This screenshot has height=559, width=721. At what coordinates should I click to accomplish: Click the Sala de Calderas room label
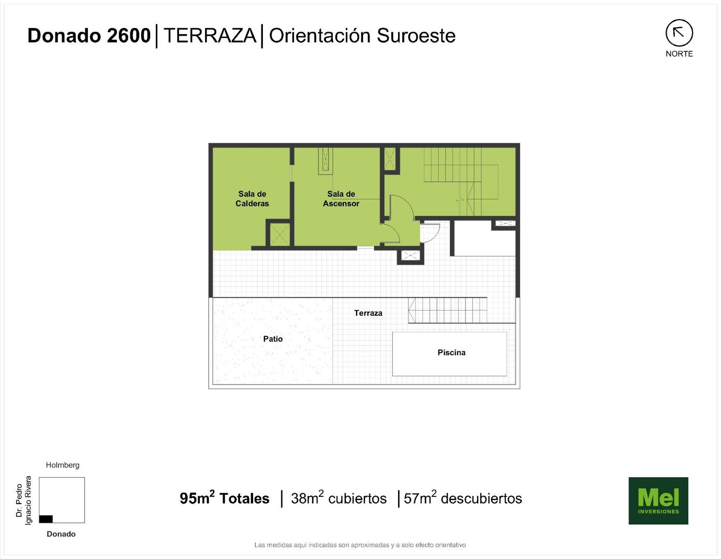[x=252, y=198]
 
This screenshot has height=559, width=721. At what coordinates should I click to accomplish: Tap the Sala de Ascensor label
[x=341, y=198]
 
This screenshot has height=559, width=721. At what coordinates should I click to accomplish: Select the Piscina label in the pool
[x=451, y=352]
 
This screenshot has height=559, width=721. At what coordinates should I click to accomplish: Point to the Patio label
[x=273, y=339]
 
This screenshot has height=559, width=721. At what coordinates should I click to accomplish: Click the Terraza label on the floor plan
[x=368, y=313]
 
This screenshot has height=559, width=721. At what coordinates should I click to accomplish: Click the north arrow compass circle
[x=679, y=33]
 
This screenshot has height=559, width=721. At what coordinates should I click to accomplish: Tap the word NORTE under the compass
[x=679, y=54]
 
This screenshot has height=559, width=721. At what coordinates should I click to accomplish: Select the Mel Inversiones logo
[x=658, y=501]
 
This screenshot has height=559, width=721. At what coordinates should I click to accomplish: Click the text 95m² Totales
[x=224, y=498]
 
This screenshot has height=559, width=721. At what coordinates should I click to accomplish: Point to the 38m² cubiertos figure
[x=339, y=498]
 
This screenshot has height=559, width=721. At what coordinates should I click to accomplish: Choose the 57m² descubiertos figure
[x=463, y=498]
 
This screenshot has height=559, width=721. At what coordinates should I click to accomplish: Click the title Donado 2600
[x=89, y=36]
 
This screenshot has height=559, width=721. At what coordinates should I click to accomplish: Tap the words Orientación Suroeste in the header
[x=362, y=36]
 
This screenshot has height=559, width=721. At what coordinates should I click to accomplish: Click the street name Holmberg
[x=63, y=465]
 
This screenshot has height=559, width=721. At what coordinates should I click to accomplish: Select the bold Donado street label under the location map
[x=61, y=534]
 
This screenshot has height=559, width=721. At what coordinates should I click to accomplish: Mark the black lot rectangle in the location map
[x=46, y=519]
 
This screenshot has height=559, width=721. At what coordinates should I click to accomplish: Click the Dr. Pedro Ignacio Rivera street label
[x=23, y=501]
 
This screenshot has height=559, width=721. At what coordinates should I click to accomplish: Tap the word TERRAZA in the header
[x=210, y=36]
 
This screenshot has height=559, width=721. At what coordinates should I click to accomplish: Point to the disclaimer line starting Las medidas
[x=360, y=545]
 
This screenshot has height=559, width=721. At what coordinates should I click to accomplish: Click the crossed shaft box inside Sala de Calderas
[x=279, y=234]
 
